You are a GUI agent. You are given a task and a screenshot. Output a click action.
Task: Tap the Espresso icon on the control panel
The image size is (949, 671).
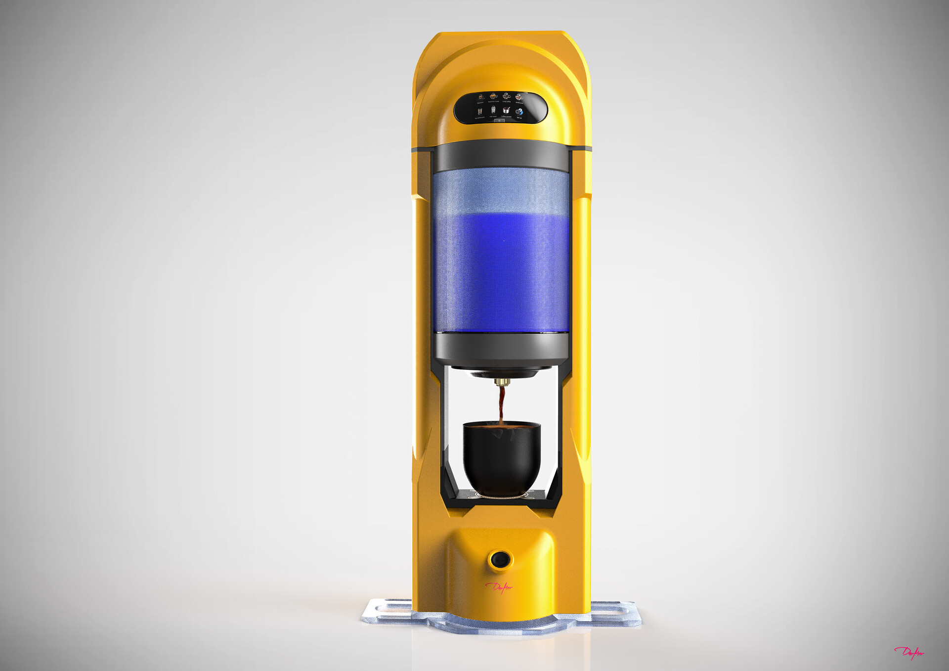click(481, 97)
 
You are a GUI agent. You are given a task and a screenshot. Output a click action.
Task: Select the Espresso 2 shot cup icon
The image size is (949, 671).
click(493, 96)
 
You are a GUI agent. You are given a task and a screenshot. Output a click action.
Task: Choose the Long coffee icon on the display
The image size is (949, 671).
click(506, 95)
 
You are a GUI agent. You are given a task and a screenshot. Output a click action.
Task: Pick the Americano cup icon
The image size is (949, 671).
click(519, 96)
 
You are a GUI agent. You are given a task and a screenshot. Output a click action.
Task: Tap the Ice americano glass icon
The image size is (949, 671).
click(480, 112)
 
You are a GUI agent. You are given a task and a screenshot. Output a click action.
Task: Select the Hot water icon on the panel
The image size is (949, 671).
click(493, 110)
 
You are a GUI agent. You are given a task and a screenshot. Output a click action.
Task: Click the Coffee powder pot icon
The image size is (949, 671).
click(506, 110)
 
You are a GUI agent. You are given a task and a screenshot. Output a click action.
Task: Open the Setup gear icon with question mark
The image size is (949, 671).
click(519, 112)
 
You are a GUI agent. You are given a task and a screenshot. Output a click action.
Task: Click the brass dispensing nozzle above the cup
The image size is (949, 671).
click(502, 382)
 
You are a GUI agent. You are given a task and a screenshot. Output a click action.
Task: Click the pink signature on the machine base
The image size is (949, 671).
click(499, 587)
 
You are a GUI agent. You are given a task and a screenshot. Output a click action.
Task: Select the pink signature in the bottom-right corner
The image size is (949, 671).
click(909, 653)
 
